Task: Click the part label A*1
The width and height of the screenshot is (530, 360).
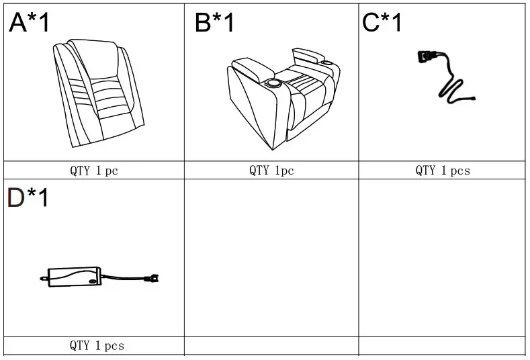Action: point(30,23)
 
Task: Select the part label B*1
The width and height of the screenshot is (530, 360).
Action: point(215,23)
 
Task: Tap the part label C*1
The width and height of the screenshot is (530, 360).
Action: point(382,23)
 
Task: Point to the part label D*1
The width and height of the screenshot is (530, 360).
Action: point(28,198)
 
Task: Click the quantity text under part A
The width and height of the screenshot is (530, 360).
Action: point(94,171)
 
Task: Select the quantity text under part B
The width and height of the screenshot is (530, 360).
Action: point(271,171)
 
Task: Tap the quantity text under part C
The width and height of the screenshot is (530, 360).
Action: point(442,171)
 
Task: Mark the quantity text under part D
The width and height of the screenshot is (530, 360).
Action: point(97,346)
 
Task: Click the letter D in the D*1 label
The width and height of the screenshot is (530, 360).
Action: point(16,198)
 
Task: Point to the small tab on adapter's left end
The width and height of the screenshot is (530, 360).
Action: point(44,276)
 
